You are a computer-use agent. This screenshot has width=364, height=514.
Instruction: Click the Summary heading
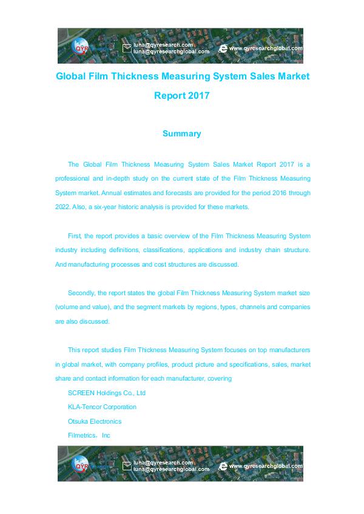click(x=181, y=133)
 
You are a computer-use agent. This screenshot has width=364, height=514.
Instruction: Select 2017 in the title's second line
click(x=198, y=96)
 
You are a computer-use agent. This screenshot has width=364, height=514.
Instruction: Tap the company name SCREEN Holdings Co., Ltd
click(x=107, y=393)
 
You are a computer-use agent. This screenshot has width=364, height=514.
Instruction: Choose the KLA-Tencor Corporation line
click(x=102, y=407)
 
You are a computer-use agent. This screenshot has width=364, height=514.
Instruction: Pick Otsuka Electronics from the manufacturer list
click(x=95, y=421)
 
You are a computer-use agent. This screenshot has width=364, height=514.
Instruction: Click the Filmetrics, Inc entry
click(x=89, y=435)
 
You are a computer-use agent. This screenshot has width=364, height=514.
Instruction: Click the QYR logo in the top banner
click(x=81, y=47)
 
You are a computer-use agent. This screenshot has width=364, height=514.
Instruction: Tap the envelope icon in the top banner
click(x=127, y=48)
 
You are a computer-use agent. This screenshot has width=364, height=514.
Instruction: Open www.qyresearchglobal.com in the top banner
click(x=265, y=48)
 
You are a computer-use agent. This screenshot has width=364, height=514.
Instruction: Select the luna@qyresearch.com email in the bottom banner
click(x=163, y=462)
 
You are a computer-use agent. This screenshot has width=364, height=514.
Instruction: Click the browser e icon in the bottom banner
click(x=223, y=466)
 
